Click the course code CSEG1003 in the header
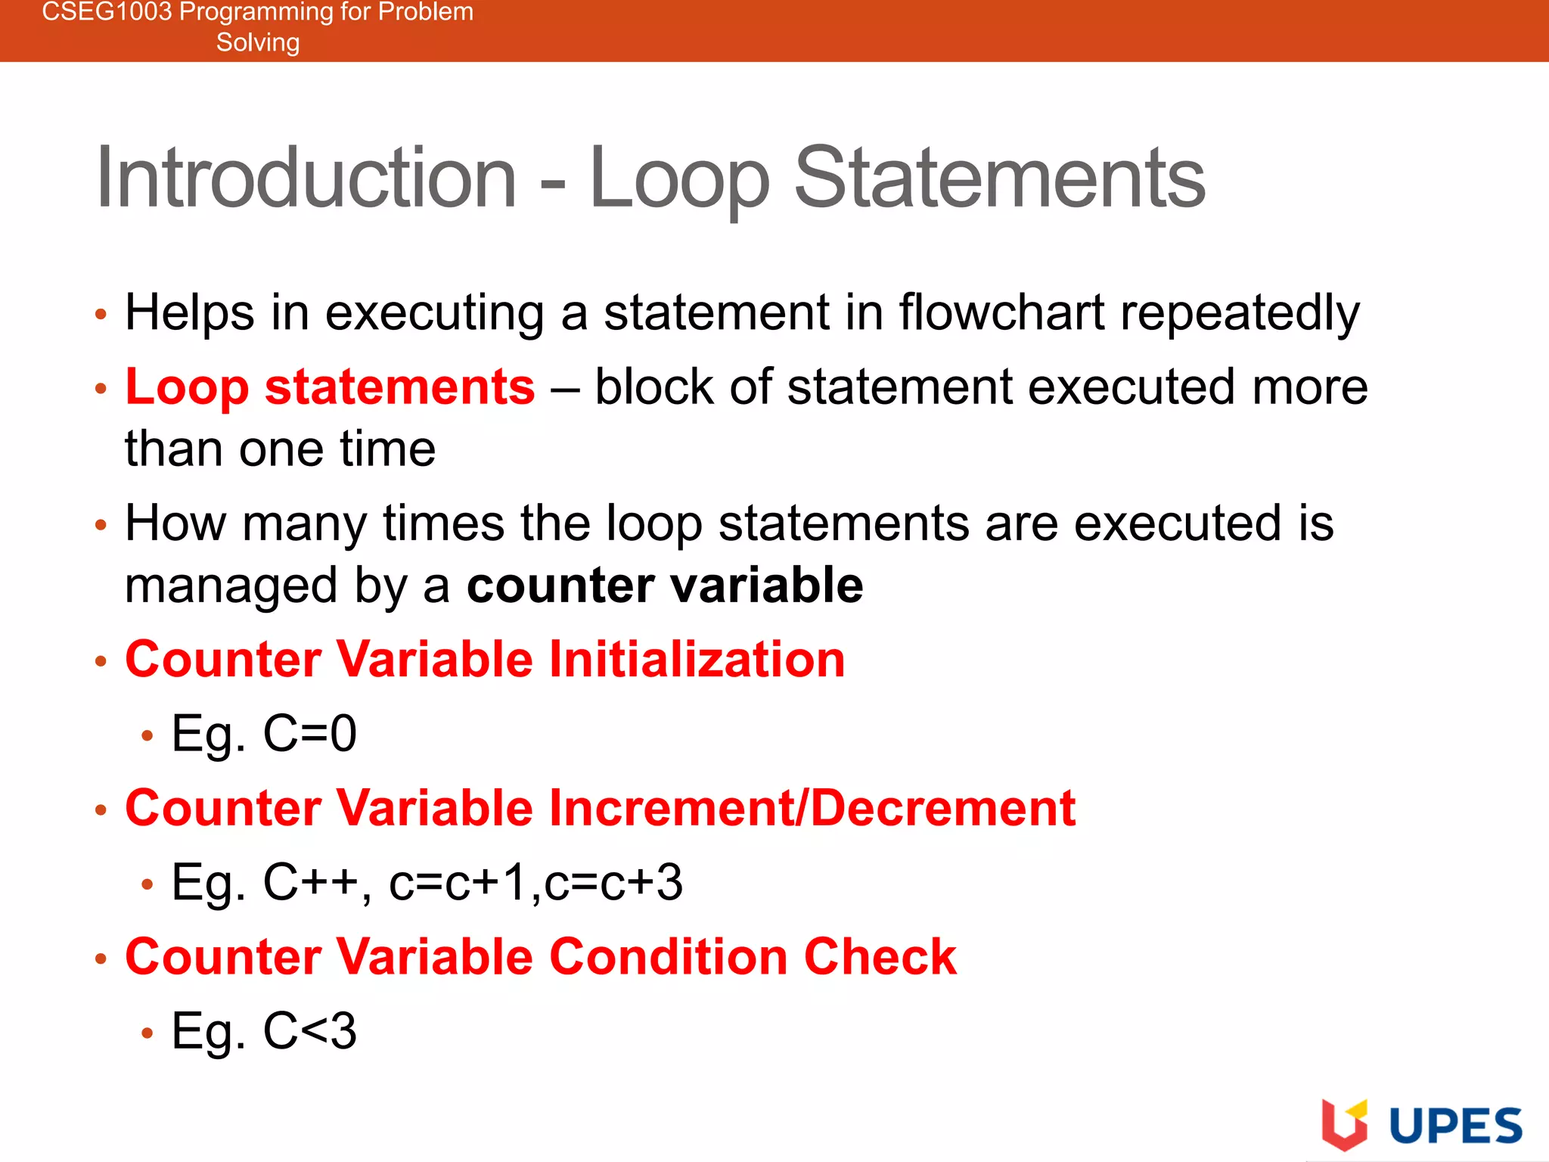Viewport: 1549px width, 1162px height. point(107,12)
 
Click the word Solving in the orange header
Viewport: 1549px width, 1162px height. point(258,42)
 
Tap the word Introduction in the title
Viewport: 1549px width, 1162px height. point(306,179)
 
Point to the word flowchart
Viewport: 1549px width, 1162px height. point(1001,312)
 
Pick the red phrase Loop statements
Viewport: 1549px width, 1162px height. point(330,387)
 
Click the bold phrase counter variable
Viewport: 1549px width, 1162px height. point(665,586)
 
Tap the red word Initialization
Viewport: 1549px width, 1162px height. point(697,659)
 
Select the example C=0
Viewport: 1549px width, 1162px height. point(309,734)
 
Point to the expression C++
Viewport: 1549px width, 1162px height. point(310,882)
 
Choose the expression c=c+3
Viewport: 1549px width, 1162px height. point(613,882)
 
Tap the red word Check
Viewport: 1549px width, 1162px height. point(880,957)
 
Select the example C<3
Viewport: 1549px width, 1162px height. point(309,1031)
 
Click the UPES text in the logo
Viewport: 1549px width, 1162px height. point(1455,1126)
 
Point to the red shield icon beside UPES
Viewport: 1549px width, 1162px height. point(1344,1126)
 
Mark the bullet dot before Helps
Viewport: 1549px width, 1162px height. point(101,314)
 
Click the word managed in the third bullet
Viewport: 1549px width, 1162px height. point(231,586)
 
